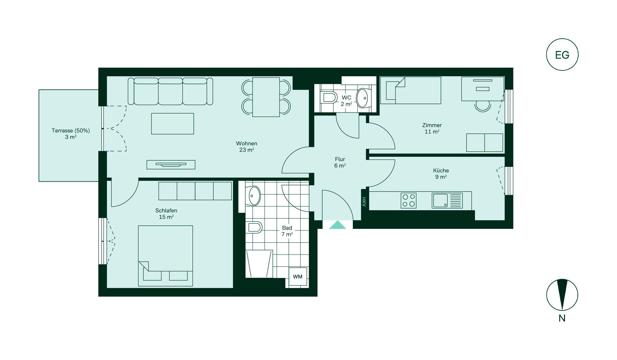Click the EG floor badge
[562, 55]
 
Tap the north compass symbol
[562, 295]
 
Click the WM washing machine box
[298, 276]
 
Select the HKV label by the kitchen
[364, 202]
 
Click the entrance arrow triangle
[337, 225]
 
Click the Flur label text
[340, 159]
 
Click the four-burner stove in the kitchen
[408, 200]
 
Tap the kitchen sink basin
[440, 201]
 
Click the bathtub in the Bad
[259, 264]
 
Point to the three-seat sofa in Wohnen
[170, 91]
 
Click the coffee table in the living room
[173, 123]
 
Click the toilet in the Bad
[255, 227]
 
